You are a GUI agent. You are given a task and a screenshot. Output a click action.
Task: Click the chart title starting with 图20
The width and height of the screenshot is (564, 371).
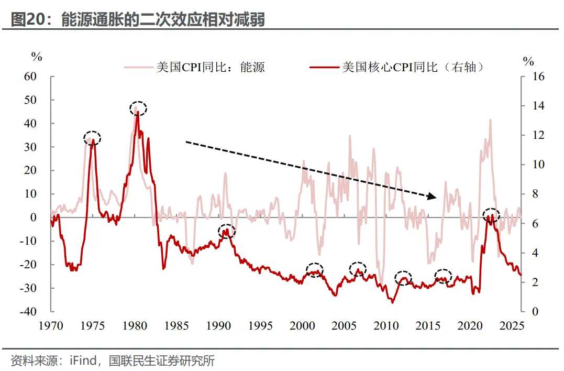coord(138,19)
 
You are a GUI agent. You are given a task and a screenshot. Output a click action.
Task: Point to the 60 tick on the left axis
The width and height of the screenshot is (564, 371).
coord(30,77)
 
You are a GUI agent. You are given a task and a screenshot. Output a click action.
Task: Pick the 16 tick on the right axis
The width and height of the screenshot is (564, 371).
coord(538,77)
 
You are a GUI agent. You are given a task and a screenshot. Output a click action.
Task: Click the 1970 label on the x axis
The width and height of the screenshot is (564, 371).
coord(51,325)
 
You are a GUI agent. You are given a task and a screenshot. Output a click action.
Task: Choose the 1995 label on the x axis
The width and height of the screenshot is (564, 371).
coord(260,325)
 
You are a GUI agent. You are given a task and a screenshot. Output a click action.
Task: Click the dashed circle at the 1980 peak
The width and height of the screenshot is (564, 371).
coord(138,108)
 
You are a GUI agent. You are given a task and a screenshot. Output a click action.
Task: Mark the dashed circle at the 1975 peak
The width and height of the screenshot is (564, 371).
coord(92,138)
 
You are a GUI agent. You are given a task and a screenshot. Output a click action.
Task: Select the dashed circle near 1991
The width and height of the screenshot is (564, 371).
coord(227,231)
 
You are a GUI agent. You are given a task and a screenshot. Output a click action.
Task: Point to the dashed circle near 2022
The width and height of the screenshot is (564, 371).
coord(491,215)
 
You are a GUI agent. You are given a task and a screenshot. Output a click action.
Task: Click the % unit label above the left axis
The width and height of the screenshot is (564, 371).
coord(36,57)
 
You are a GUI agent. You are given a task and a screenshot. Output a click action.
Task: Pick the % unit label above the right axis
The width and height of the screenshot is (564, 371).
coord(528,61)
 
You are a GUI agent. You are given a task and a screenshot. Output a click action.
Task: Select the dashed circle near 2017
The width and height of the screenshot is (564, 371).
coord(443,277)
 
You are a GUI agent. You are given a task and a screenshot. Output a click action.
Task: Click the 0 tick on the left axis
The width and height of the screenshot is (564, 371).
coord(32,217)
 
